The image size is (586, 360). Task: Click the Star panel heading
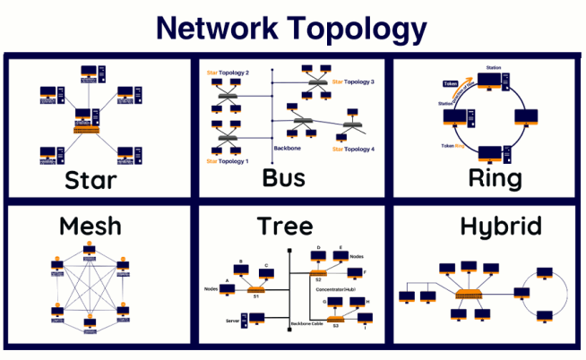(x=90, y=180)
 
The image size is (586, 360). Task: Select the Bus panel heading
(x=283, y=177)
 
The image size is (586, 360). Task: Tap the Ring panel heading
(x=495, y=177)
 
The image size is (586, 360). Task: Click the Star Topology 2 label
(x=228, y=72)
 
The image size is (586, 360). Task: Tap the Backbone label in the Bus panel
(x=284, y=149)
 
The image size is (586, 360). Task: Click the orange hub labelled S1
(x=255, y=288)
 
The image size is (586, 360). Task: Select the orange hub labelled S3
(x=334, y=319)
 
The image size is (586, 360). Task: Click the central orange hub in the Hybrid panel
(x=468, y=295)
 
